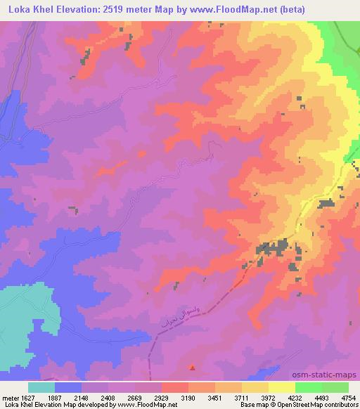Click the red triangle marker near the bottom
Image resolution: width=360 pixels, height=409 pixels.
192,366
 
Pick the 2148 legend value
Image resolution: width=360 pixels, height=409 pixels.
80,397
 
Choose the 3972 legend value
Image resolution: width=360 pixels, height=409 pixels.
268,397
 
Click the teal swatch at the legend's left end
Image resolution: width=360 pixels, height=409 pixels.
41,387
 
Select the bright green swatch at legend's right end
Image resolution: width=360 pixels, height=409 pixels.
335,387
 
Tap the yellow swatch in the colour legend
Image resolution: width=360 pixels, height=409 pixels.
281,387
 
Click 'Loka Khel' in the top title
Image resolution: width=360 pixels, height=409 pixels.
27,9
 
